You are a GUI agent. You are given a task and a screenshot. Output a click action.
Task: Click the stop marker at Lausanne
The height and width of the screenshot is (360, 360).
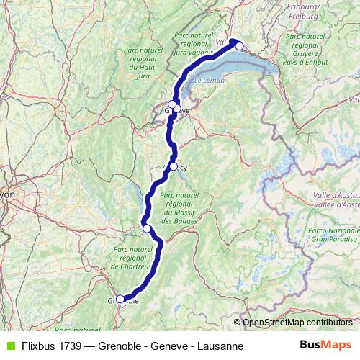[x=240, y=46]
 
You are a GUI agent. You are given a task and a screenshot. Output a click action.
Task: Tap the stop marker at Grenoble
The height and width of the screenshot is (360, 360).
[x=120, y=300]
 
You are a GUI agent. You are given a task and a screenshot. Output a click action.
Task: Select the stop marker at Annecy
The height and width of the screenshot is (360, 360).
[x=173, y=166]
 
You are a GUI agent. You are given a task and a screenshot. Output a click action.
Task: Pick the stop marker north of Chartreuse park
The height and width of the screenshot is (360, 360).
[x=147, y=228]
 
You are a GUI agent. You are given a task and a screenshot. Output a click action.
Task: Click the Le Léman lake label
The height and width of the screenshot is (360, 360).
[x=210, y=82]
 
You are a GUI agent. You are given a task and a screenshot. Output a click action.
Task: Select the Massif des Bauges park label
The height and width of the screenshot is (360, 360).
[x=179, y=207]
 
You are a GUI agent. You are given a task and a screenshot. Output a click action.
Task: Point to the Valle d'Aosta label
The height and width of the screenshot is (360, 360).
[x=335, y=199]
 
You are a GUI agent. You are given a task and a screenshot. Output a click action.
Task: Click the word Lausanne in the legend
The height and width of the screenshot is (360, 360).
[x=220, y=346]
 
